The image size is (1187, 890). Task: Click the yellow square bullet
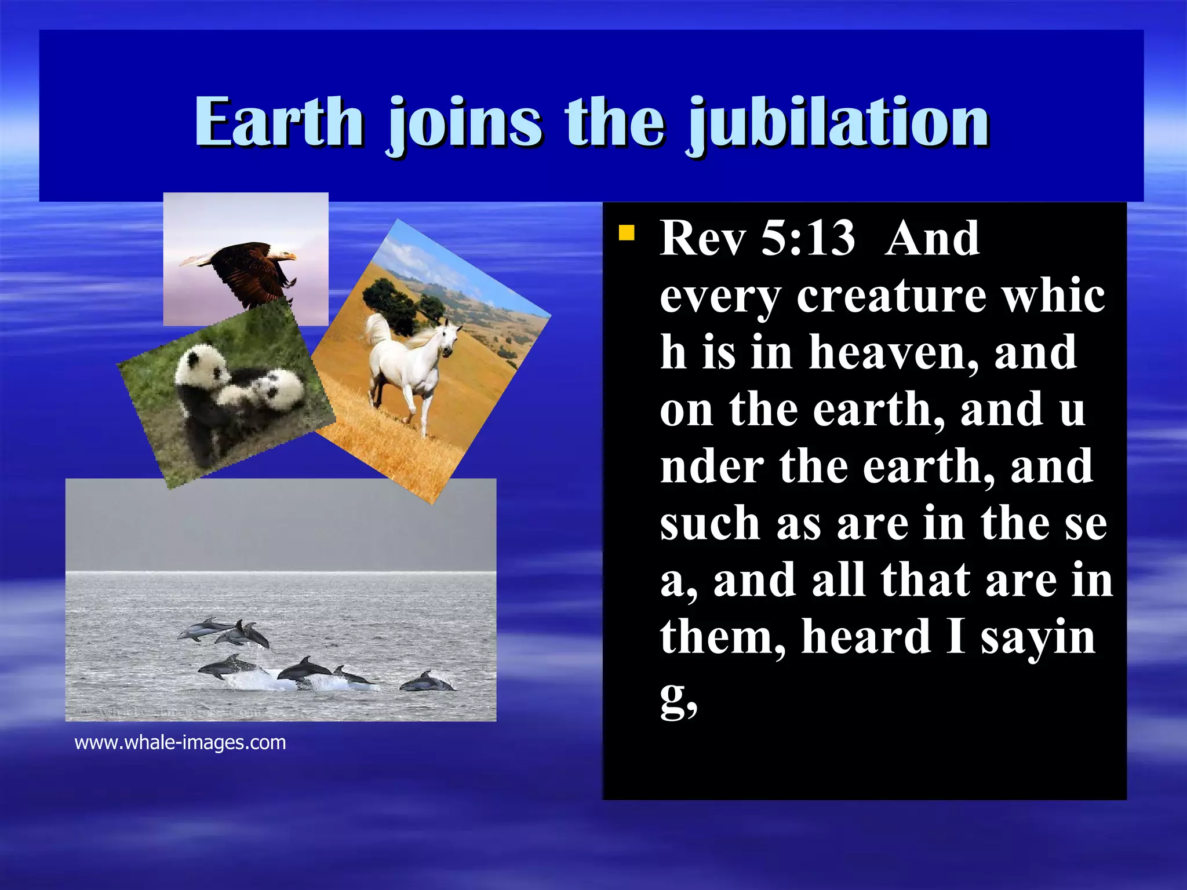click(626, 234)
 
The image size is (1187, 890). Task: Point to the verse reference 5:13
click(807, 238)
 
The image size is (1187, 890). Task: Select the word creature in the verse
click(891, 296)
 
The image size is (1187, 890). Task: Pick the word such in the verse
click(709, 523)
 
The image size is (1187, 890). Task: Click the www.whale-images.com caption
click(180, 742)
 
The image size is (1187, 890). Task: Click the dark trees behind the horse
click(389, 300)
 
